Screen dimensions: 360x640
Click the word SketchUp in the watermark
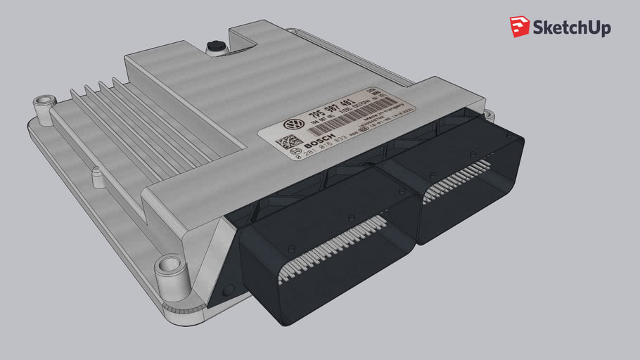(571, 27)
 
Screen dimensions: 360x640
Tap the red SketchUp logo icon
(520, 27)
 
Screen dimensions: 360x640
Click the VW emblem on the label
(292, 124)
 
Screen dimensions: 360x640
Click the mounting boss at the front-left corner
(169, 266)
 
